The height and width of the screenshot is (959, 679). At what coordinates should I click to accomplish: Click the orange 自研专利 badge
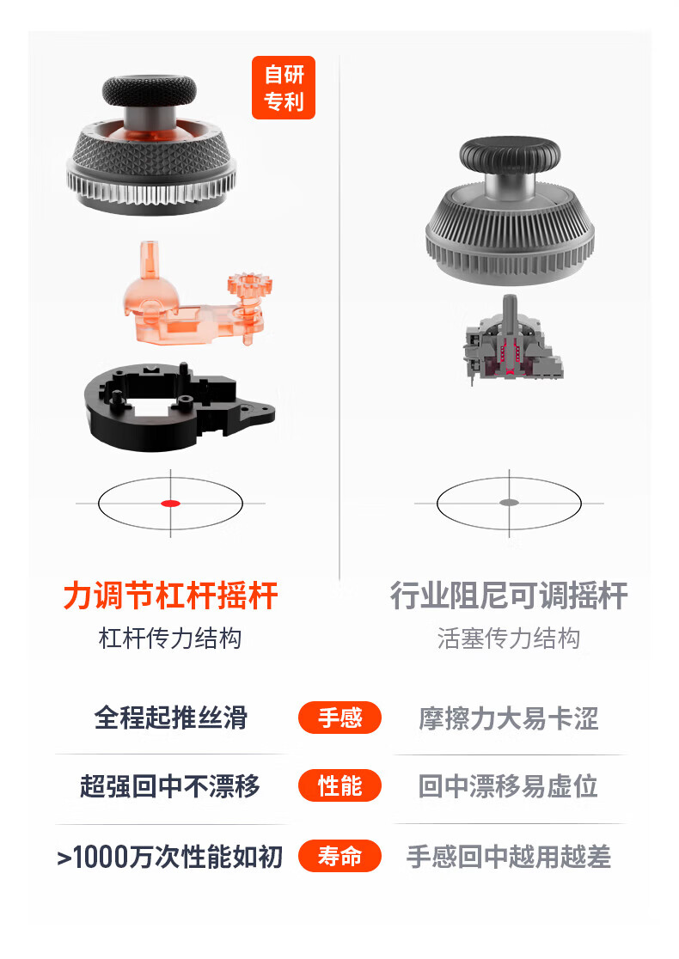(x=284, y=88)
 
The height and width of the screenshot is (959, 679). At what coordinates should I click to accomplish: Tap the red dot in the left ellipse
(x=170, y=504)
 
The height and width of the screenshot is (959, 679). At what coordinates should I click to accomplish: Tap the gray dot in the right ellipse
(x=509, y=503)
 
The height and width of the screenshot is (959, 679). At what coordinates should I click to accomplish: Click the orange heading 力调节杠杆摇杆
(x=171, y=596)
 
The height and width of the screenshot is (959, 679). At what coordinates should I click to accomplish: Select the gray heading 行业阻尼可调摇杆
(x=509, y=596)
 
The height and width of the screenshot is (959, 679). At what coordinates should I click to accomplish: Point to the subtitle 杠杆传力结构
(x=170, y=638)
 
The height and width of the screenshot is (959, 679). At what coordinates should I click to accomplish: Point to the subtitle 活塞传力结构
(x=509, y=638)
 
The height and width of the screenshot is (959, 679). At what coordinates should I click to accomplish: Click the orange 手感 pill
(x=339, y=718)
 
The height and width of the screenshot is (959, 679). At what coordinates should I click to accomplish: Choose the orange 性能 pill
(x=339, y=786)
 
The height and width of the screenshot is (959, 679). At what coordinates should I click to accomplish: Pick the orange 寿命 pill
(x=339, y=856)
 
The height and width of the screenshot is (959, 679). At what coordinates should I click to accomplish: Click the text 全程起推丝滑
(x=171, y=718)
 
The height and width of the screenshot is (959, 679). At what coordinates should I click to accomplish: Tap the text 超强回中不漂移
(x=170, y=786)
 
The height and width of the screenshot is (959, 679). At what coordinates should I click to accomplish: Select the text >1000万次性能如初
(x=170, y=856)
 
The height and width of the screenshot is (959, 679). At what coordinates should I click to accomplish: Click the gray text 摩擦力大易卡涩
(x=509, y=718)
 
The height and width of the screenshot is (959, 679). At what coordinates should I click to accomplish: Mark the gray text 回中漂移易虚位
(x=508, y=786)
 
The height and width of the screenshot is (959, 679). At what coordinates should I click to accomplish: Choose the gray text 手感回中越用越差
(x=509, y=856)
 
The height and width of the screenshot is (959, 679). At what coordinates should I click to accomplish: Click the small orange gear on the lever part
(x=248, y=288)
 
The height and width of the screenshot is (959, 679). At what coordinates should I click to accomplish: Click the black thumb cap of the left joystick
(x=150, y=91)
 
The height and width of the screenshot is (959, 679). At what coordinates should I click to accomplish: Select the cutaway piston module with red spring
(x=512, y=343)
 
